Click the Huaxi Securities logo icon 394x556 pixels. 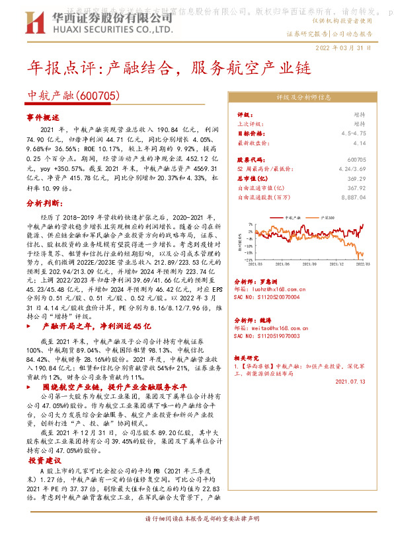tap(34, 23)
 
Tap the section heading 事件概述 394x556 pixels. tap(43, 116)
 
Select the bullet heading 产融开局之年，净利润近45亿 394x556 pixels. tap(97, 326)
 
